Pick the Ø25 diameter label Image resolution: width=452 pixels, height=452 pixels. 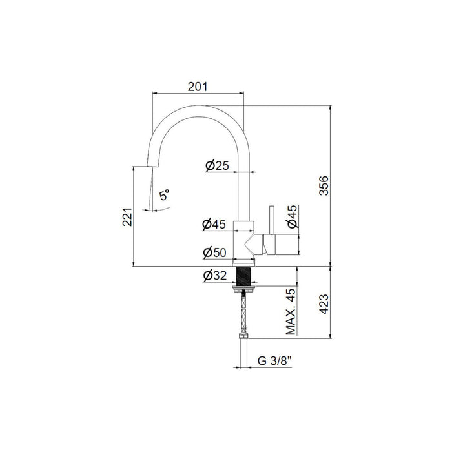click(217, 166)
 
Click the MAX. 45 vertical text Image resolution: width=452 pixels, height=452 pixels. click(291, 314)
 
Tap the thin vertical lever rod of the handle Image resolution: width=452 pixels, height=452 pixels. click(271, 220)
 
